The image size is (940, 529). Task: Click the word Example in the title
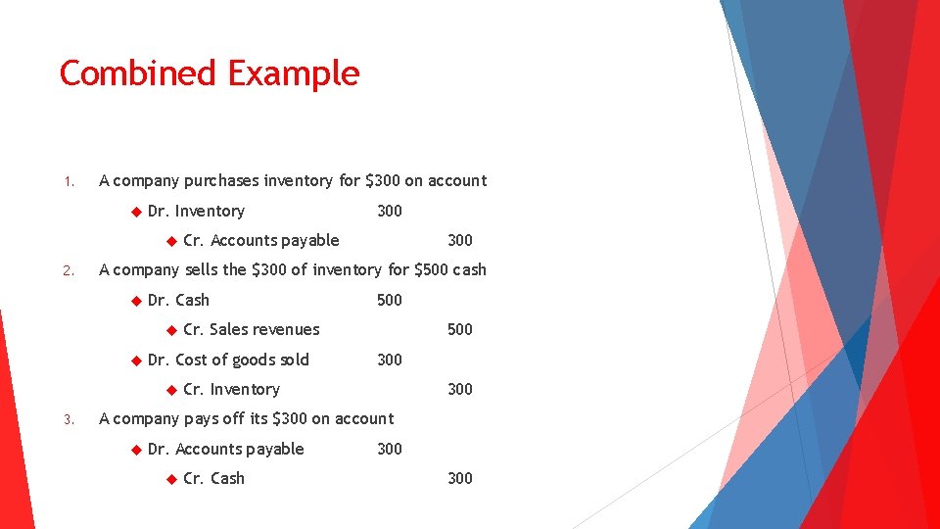pos(294,73)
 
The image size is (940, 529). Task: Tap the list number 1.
pos(68,181)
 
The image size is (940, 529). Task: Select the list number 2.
pos(68,270)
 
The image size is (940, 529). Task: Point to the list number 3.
pos(68,419)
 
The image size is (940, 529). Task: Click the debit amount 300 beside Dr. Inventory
pos(390,211)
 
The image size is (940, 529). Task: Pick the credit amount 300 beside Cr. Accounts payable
pos(460,240)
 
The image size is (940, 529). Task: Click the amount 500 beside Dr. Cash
pos(390,300)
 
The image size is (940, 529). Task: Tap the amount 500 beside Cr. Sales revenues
pos(460,329)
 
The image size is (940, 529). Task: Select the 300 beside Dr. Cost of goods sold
pos(390,360)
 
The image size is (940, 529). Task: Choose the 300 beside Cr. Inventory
pos(460,389)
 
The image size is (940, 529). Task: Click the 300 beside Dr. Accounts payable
pos(390,449)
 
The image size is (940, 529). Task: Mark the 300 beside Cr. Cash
pos(460,478)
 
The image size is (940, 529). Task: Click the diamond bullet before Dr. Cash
pos(135,300)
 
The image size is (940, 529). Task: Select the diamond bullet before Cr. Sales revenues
pos(170,329)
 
